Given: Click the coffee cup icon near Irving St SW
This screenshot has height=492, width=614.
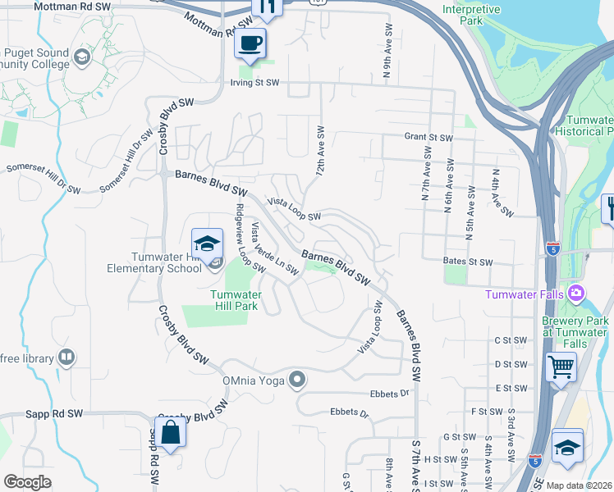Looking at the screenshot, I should tap(250, 43).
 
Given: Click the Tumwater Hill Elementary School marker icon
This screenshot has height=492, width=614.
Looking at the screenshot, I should tap(207, 243).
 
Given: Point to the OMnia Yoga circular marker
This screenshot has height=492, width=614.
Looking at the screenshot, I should tap(297, 380).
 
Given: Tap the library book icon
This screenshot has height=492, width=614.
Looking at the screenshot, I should tap(66, 358).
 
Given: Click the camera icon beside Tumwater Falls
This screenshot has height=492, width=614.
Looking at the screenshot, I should tap(576, 293).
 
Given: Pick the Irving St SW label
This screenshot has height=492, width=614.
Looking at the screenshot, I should tap(254, 83).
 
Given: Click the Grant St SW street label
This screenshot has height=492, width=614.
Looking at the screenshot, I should tap(428, 138).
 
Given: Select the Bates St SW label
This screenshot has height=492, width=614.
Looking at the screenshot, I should tap(467, 262).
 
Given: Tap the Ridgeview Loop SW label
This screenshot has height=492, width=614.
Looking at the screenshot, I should tap(249, 238).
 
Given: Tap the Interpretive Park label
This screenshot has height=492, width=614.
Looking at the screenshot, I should tap(470, 15).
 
